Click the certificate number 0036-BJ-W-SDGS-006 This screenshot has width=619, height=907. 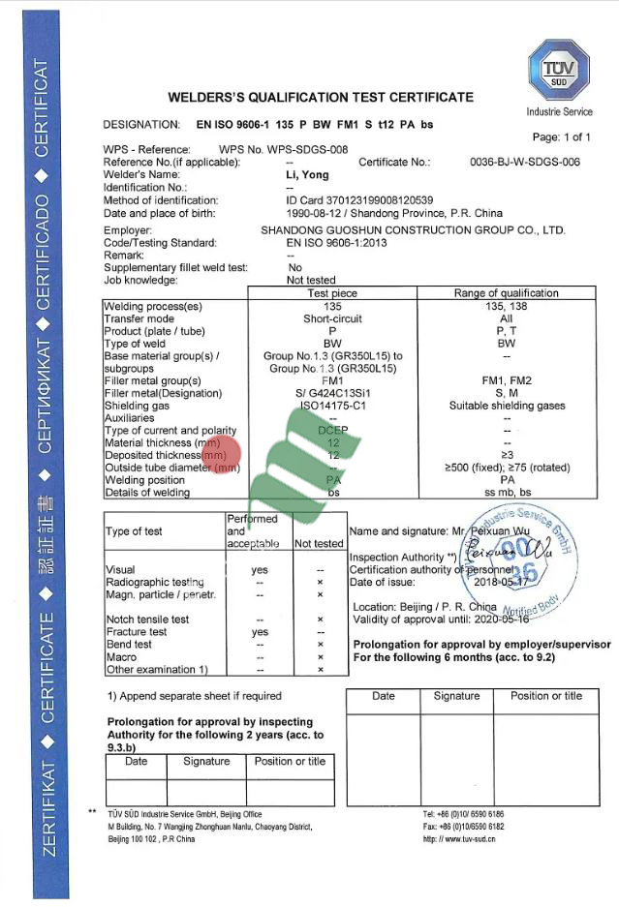(x=524, y=163)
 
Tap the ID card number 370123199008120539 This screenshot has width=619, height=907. (x=354, y=200)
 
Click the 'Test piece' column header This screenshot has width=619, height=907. (x=332, y=293)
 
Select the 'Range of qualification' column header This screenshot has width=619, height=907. (x=506, y=293)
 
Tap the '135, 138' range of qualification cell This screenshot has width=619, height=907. (x=506, y=306)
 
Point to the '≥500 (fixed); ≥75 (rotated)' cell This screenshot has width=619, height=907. (x=506, y=468)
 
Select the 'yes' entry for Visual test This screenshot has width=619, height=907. (x=260, y=570)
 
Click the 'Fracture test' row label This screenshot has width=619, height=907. (x=136, y=632)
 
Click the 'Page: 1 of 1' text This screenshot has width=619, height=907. (x=561, y=137)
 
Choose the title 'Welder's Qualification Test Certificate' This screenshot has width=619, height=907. (x=321, y=97)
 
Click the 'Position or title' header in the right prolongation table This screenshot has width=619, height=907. (x=546, y=696)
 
